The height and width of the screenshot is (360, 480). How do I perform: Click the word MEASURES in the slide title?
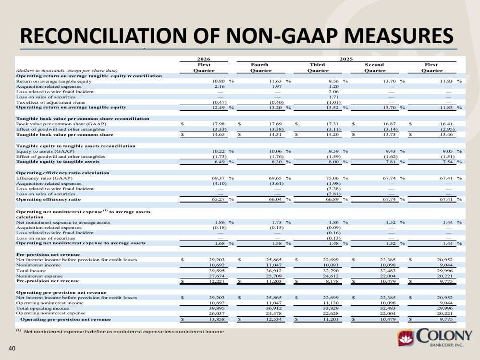tap(399, 36)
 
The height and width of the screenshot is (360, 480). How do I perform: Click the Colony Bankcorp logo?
tap(435, 337)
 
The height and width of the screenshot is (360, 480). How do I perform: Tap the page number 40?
tap(12, 348)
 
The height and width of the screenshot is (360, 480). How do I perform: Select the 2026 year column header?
tap(204, 59)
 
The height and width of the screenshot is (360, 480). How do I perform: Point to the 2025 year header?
tap(346, 59)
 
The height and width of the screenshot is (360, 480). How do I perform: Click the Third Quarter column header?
tap(318, 68)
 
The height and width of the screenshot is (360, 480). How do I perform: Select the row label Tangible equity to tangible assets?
tap(58, 161)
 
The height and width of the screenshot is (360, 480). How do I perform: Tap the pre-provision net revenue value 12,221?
tap(217, 281)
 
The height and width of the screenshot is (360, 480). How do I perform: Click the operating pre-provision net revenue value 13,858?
tap(217, 319)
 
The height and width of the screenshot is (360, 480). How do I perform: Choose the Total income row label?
tap(31, 271)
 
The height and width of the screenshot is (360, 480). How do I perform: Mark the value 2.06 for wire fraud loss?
tap(333, 92)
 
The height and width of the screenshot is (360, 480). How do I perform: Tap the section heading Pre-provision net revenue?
tap(48, 254)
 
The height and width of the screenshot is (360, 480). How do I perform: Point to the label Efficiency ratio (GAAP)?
tap(44, 178)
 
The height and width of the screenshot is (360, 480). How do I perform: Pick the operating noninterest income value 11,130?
tap(331, 303)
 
